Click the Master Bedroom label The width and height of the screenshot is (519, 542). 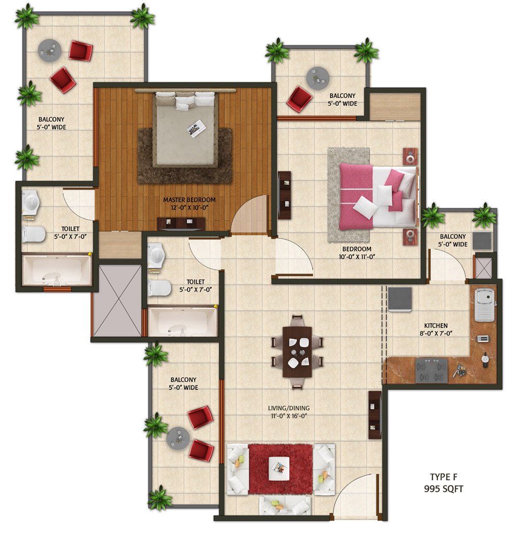(189, 200)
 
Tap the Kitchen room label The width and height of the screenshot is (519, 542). (436, 325)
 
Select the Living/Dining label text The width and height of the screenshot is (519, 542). (289, 408)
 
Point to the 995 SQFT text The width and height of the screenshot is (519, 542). (444, 489)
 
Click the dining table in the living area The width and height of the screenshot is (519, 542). (297, 351)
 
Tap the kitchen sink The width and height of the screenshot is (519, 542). (484, 304)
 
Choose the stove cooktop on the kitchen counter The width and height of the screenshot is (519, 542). (431, 370)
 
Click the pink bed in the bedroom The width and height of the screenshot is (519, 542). (378, 196)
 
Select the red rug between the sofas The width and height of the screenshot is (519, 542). (280, 469)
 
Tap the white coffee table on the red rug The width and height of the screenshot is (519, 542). (279, 468)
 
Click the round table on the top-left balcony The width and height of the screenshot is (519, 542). (49, 50)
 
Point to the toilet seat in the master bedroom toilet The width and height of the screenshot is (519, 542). (34, 234)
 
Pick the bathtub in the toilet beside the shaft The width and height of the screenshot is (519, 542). (182, 322)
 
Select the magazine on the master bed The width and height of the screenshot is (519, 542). (196, 128)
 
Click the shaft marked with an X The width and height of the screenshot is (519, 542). (118, 301)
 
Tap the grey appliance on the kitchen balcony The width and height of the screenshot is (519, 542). (482, 240)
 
